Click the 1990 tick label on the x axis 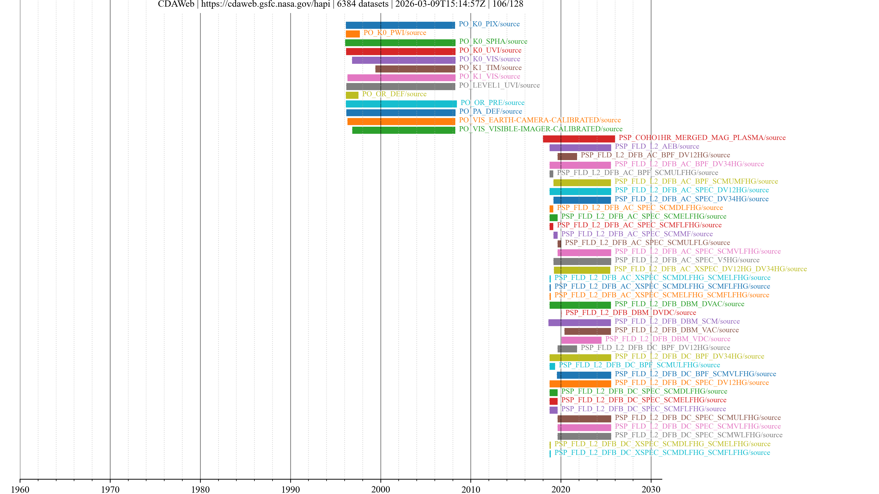click(x=290, y=489)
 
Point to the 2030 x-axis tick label click(x=651, y=489)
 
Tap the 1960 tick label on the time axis click(x=20, y=489)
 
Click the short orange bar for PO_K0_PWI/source click(x=353, y=34)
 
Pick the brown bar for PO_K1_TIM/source click(x=415, y=69)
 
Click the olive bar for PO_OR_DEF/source click(x=352, y=95)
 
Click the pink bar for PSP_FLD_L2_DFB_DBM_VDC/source click(x=581, y=340)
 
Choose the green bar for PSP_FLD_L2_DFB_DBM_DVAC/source click(x=580, y=305)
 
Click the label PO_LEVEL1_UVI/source click(x=499, y=85)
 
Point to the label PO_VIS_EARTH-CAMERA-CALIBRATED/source click(x=540, y=120)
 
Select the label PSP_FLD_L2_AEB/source click(x=657, y=146)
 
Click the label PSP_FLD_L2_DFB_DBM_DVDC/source click(x=631, y=313)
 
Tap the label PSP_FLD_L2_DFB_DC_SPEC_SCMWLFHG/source click(x=698, y=435)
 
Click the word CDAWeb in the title click(x=176, y=4)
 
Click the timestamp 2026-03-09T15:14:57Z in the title click(x=440, y=4)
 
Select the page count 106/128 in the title click(x=507, y=4)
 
